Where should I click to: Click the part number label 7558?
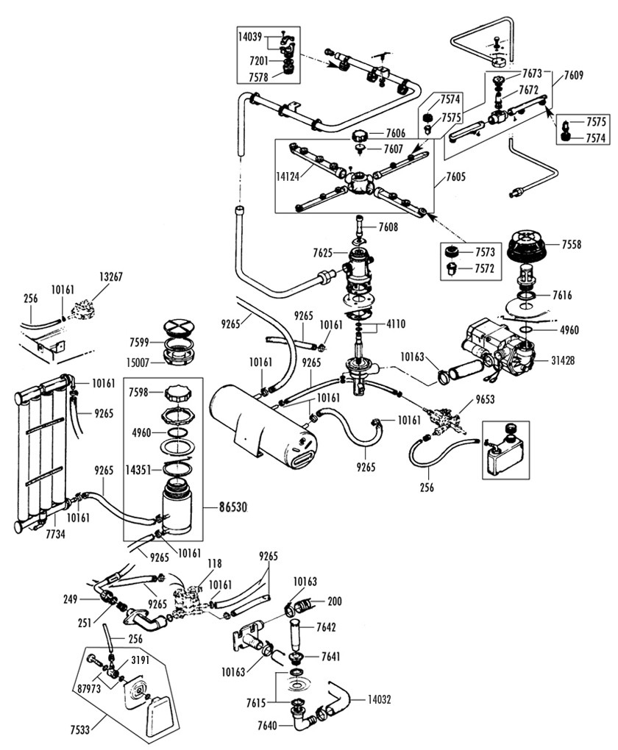571,244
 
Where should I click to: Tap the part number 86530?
233,507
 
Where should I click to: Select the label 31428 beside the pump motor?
564,360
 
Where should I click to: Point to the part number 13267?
111,277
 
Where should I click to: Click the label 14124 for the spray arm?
288,176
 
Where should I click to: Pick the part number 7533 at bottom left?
81,730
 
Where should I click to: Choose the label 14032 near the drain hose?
380,700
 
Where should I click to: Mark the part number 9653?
486,399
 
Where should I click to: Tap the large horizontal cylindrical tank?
263,426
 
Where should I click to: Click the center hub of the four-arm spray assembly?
357,182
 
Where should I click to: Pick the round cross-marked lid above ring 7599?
177,328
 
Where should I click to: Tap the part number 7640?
267,726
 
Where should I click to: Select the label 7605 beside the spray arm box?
455,177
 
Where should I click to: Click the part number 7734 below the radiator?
55,535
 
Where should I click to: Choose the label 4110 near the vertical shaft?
394,324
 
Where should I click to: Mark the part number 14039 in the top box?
250,36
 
